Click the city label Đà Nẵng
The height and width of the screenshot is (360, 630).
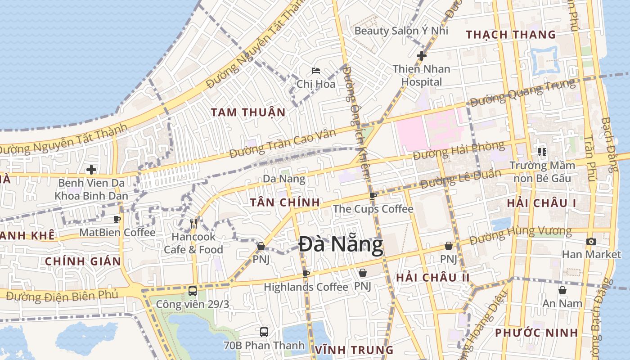point(341,245)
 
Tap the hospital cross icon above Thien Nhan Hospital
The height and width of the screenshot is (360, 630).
point(421,56)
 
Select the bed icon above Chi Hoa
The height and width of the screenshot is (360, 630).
point(316,71)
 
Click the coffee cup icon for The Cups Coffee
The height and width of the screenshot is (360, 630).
point(373,196)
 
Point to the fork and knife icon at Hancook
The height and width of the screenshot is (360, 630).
point(193,223)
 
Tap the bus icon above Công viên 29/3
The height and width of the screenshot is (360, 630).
point(193,291)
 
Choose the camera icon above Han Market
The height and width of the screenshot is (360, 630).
point(591,241)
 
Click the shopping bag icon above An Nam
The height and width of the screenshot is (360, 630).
point(562,290)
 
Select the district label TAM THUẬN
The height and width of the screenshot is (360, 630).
point(248,112)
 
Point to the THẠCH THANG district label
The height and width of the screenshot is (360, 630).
point(511,35)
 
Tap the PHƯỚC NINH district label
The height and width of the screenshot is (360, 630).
point(536,333)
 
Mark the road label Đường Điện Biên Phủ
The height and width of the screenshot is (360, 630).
point(62,296)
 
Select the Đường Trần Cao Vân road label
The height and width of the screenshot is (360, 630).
point(283,144)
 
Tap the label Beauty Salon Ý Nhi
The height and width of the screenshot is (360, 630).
point(401,31)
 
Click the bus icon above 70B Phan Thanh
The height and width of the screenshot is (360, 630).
point(264,332)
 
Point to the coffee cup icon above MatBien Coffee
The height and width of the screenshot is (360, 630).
point(117,219)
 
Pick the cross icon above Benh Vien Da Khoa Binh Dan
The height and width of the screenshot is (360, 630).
point(91,170)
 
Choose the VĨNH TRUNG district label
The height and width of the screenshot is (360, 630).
point(354,350)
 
